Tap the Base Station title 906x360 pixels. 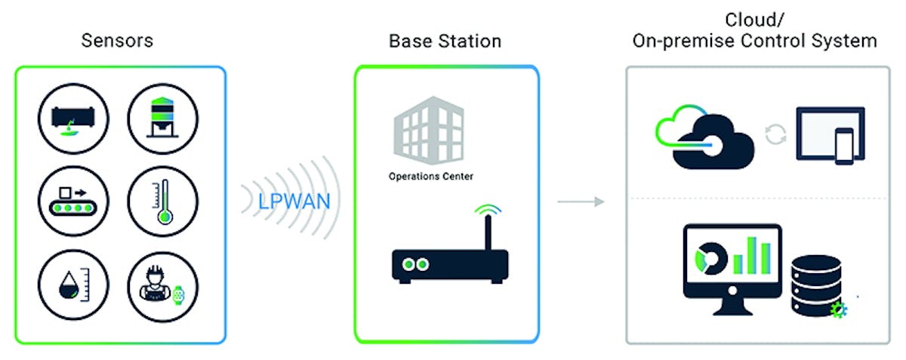445,40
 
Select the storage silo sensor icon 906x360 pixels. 162,118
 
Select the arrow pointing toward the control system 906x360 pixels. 581,202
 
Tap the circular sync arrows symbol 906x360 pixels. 775,135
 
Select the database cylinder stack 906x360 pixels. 816,285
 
